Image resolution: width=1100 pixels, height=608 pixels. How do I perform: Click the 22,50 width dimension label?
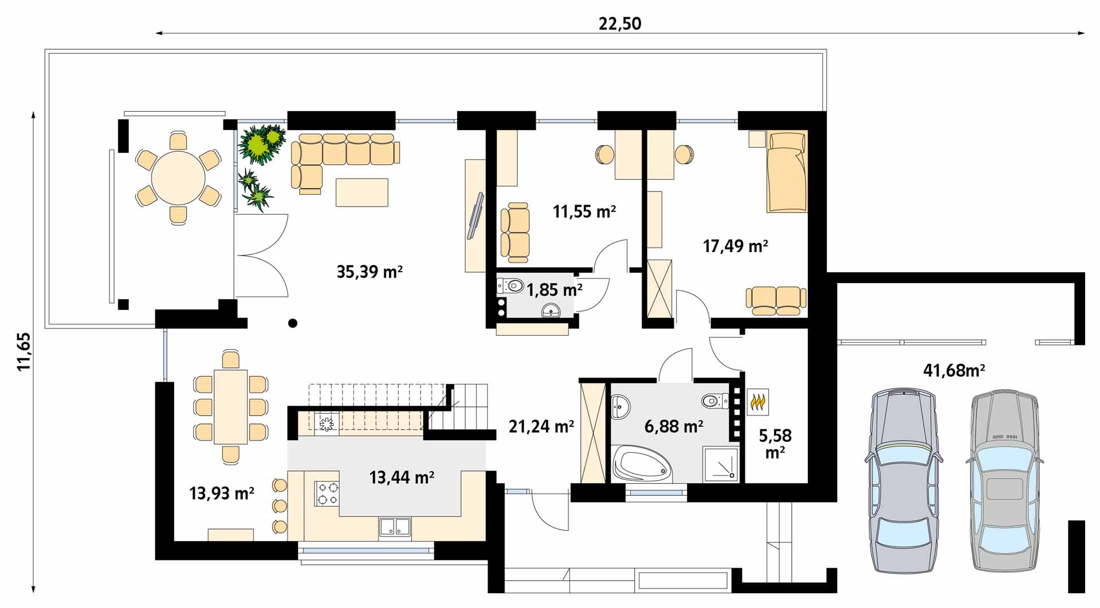click(620, 23)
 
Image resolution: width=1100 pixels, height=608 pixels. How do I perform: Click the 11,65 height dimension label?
click(23, 352)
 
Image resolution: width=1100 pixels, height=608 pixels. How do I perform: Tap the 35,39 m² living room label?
click(370, 272)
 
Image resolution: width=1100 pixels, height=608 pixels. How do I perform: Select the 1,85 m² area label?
click(555, 290)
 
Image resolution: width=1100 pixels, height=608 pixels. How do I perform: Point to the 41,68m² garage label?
click(954, 371)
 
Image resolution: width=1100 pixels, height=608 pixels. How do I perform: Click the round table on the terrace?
click(178, 178)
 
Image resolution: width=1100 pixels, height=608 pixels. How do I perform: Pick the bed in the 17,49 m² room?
click(787, 171)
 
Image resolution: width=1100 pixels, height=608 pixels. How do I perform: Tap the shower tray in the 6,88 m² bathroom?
click(721, 463)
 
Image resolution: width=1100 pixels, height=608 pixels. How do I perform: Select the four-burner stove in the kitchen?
click(327, 493)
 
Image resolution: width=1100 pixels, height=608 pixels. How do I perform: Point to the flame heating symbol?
click(758, 402)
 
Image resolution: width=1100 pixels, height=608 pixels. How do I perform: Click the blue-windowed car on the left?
click(903, 480)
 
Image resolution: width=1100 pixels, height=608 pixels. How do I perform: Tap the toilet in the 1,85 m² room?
click(510, 285)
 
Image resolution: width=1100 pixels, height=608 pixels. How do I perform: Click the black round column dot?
click(293, 323)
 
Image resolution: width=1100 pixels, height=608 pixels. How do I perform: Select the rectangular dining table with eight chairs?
click(230, 407)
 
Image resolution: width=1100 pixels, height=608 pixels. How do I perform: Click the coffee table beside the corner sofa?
click(362, 192)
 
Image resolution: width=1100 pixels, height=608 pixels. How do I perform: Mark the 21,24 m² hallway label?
click(541, 426)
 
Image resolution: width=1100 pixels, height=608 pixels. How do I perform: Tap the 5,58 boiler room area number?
click(775, 436)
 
